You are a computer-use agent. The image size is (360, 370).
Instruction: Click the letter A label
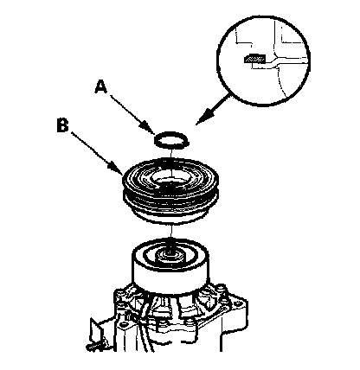point(101,86)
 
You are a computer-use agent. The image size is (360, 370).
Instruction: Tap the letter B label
point(63,125)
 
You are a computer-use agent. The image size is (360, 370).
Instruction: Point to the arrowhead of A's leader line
point(149,129)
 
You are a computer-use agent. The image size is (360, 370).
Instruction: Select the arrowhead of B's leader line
point(116,169)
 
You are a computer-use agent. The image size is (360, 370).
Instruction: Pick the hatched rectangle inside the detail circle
point(254,60)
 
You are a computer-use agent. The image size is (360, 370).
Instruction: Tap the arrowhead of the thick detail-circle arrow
point(204,117)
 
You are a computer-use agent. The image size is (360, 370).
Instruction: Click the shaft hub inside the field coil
point(171,256)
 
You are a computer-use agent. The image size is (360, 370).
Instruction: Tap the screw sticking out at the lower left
point(93,347)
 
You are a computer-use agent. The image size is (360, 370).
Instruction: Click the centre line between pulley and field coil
point(171,232)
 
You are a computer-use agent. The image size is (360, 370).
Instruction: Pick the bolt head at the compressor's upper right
point(222,289)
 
